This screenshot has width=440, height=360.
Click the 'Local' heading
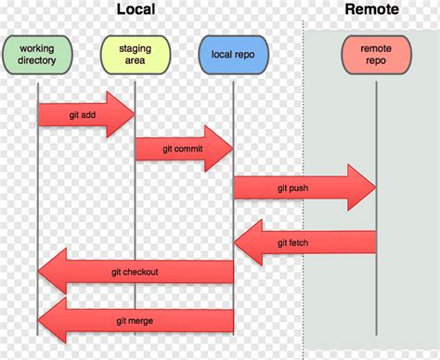point(136,10)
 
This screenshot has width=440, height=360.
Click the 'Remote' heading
point(371,10)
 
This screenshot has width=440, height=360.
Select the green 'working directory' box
point(37,54)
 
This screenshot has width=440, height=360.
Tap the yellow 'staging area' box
point(135,54)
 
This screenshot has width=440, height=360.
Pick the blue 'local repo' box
point(232,55)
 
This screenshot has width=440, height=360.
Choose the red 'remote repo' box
point(376,55)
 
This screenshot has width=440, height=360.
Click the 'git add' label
point(84,114)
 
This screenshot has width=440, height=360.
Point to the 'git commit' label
point(179,148)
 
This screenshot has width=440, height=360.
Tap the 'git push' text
point(293,187)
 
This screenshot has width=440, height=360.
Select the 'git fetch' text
point(294,242)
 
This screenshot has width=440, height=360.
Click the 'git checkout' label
point(135,272)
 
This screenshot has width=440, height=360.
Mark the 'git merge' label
point(135,320)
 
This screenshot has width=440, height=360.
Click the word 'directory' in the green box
point(37,61)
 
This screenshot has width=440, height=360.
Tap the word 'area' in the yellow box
point(135,61)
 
